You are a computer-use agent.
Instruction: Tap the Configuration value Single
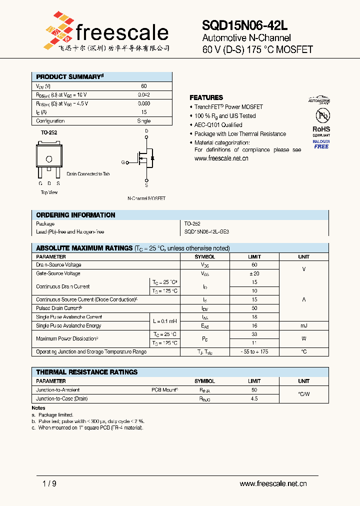click(x=143, y=121)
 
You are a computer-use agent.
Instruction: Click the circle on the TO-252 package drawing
click(x=49, y=159)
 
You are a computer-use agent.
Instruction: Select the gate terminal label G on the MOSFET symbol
click(x=123, y=162)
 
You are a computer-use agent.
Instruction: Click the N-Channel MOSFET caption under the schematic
click(x=146, y=198)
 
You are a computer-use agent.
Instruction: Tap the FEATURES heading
click(x=206, y=97)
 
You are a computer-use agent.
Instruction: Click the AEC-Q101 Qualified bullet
click(x=218, y=125)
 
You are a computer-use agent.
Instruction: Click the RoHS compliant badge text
click(x=321, y=131)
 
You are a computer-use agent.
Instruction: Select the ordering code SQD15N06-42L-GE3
click(x=207, y=232)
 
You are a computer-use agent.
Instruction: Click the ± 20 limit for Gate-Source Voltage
click(x=254, y=273)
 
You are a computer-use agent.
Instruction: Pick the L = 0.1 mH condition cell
click(x=164, y=321)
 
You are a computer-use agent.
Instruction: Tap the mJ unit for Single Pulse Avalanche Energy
click(x=303, y=325)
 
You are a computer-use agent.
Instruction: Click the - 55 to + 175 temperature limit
click(x=254, y=352)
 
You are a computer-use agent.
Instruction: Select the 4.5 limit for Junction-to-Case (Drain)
click(x=254, y=398)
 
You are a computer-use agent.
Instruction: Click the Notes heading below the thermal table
click(x=38, y=408)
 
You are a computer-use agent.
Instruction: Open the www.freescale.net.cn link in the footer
click(x=273, y=483)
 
